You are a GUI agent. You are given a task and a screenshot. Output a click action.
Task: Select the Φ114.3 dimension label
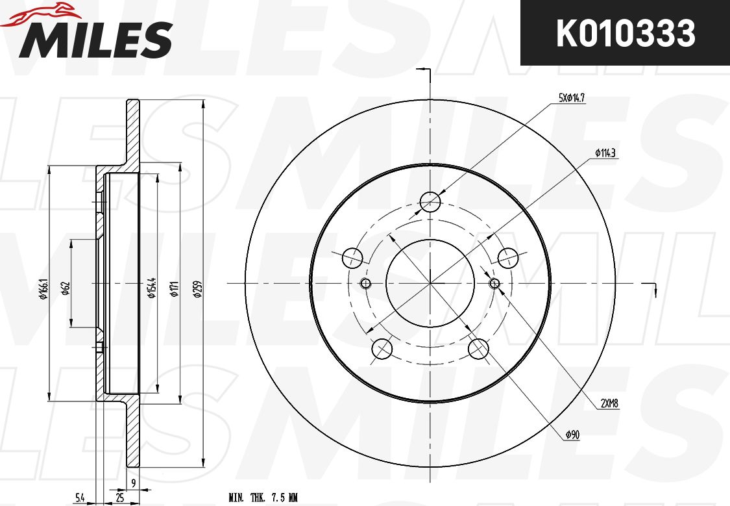tap(604, 153)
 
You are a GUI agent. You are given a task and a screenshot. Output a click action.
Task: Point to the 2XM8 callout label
tap(609, 403)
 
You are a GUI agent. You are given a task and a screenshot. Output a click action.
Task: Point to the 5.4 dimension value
tap(79, 498)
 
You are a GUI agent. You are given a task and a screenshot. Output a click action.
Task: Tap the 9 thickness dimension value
tap(132, 482)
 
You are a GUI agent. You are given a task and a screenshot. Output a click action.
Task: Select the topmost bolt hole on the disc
tap(430, 202)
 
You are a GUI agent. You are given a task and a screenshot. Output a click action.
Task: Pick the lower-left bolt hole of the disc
tap(382, 349)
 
